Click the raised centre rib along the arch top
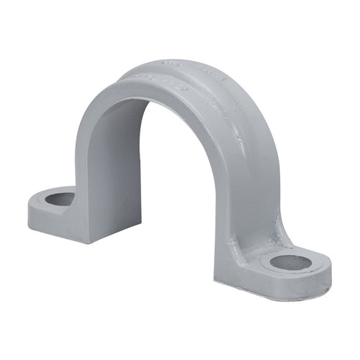point(216,94)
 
